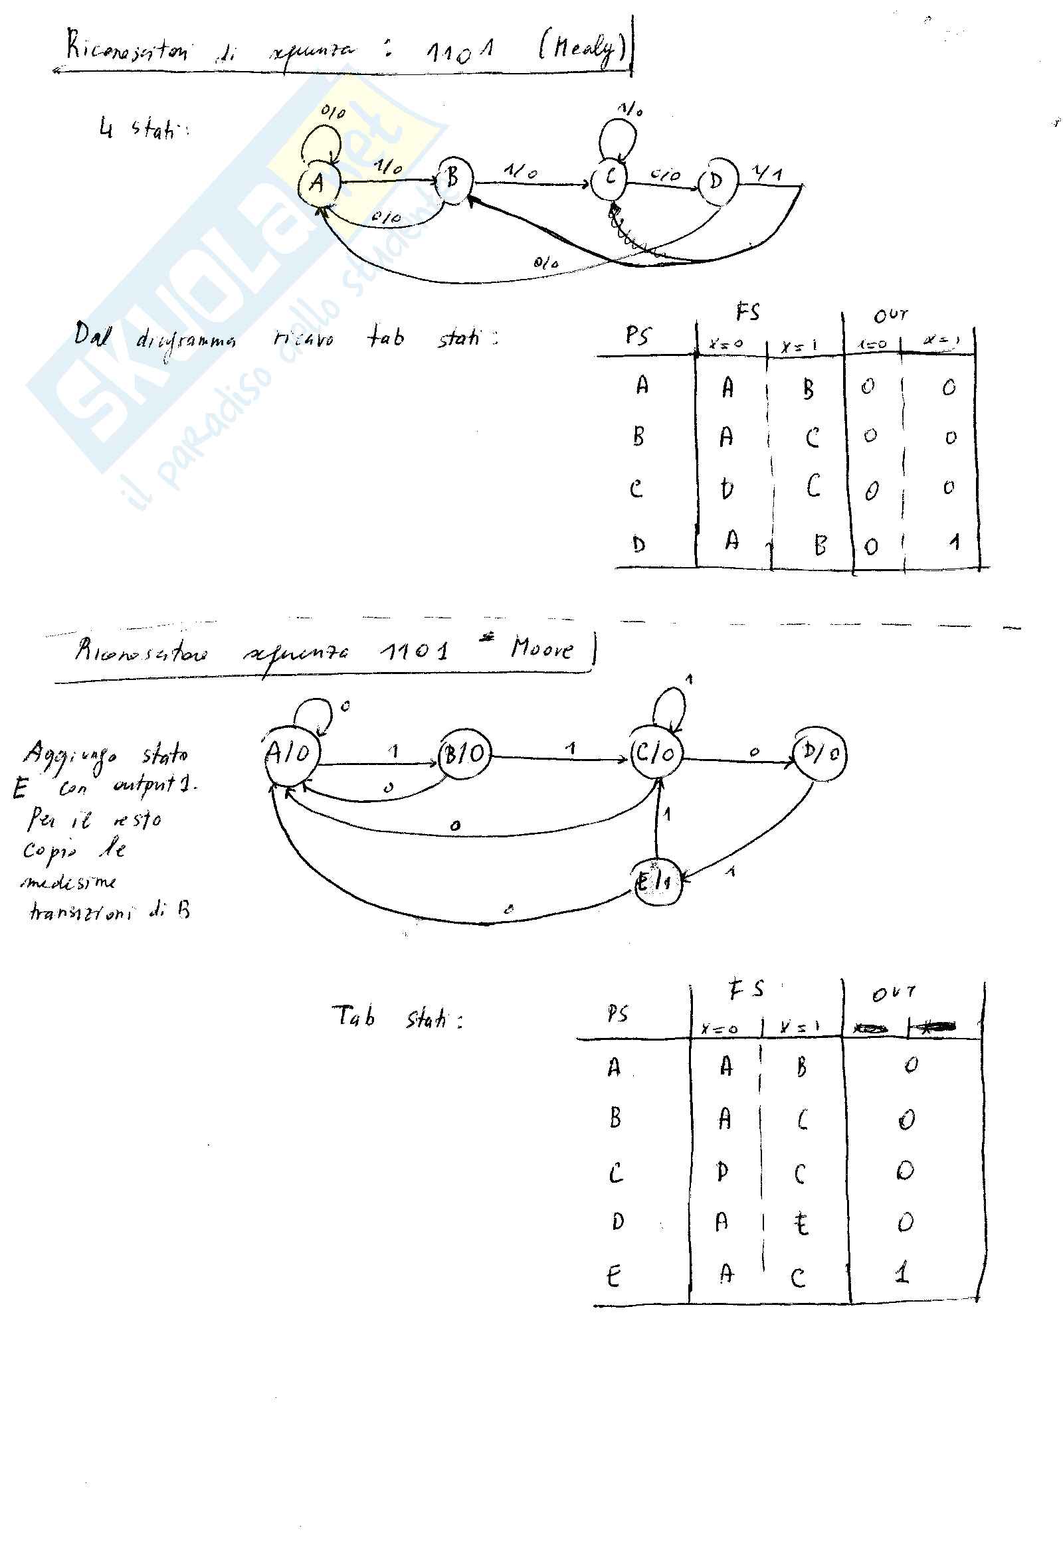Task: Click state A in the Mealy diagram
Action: tap(318, 182)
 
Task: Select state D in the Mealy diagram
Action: tap(717, 181)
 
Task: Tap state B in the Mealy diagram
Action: tap(453, 178)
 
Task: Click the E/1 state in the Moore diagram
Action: tap(656, 883)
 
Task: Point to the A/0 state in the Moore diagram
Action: tap(290, 754)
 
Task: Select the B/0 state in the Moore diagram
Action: tap(464, 754)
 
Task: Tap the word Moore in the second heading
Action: tap(541, 647)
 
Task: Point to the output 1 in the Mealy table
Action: tap(955, 542)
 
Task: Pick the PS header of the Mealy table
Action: tap(637, 335)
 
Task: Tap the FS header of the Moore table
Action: tap(746, 989)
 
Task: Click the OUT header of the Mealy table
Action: tap(890, 315)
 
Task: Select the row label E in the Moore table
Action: tap(613, 1276)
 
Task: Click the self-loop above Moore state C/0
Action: tap(669, 707)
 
